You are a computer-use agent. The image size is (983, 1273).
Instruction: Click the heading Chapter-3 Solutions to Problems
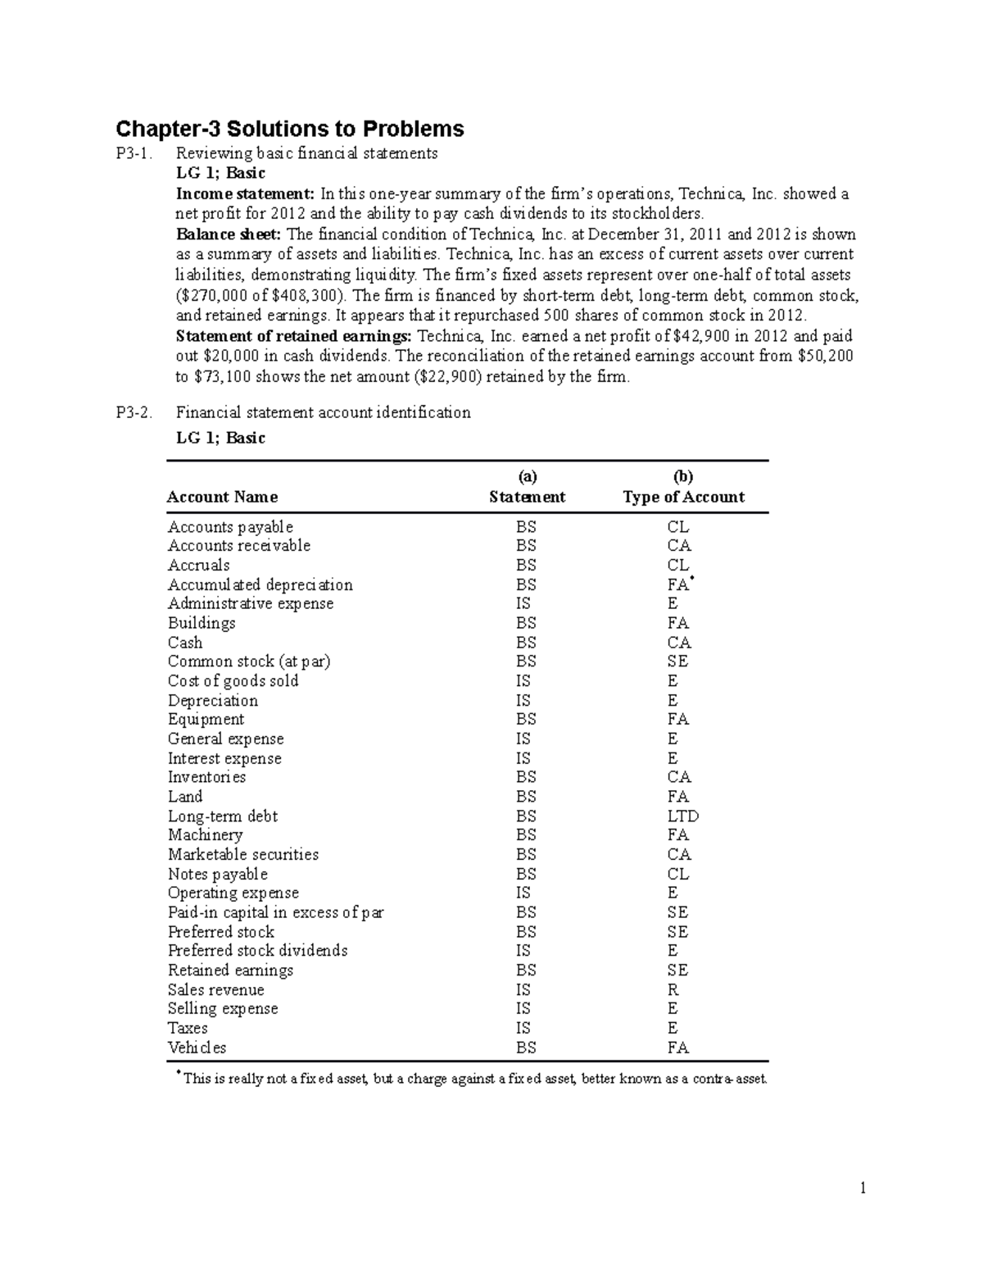tap(290, 129)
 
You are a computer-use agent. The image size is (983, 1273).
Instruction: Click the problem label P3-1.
tap(134, 153)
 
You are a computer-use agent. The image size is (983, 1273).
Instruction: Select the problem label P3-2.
tap(134, 412)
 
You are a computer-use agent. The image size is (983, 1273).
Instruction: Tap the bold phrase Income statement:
tap(245, 194)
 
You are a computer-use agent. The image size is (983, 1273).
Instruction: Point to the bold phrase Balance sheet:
tap(229, 234)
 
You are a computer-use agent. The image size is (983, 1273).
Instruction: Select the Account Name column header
tap(222, 497)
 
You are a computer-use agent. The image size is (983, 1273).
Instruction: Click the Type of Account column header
tap(683, 497)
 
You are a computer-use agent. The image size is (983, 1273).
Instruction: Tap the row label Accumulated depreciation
tap(260, 584)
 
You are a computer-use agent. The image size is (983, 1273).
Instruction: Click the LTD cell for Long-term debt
tap(682, 816)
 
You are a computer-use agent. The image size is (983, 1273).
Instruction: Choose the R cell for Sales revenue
tap(673, 990)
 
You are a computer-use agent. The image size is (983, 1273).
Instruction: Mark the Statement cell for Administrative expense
tap(523, 604)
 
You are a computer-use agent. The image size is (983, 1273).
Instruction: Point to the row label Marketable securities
tap(242, 855)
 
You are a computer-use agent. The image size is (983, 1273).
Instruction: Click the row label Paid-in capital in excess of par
tap(275, 912)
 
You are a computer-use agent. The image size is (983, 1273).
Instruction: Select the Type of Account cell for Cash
tap(678, 643)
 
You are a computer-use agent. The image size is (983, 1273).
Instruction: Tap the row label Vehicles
tap(197, 1048)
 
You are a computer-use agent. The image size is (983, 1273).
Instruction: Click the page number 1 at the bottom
tap(863, 1188)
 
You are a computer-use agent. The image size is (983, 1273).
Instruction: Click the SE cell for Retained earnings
tap(677, 971)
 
